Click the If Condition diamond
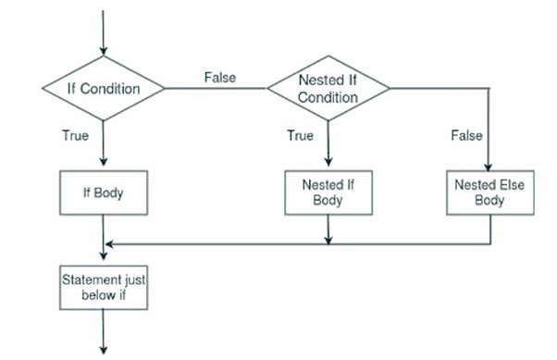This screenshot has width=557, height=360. (x=104, y=89)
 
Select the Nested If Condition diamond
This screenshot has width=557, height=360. (x=328, y=89)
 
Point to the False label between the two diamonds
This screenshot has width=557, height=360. (x=219, y=78)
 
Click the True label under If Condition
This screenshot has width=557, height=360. (x=75, y=136)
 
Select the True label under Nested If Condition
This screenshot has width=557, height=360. (x=300, y=136)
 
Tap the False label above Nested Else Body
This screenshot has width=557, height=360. (x=466, y=136)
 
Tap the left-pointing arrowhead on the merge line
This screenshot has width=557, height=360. (x=110, y=245)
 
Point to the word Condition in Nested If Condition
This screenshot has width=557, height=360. (x=328, y=97)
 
